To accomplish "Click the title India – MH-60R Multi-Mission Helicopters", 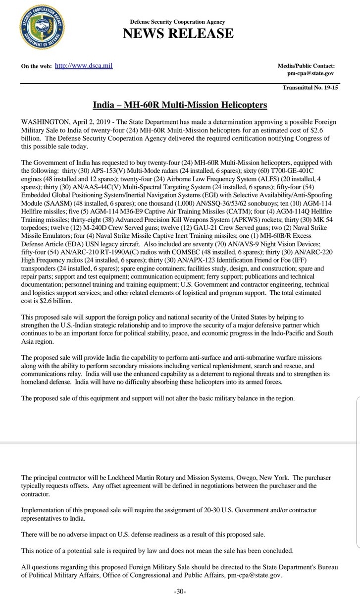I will (x=180, y=106).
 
